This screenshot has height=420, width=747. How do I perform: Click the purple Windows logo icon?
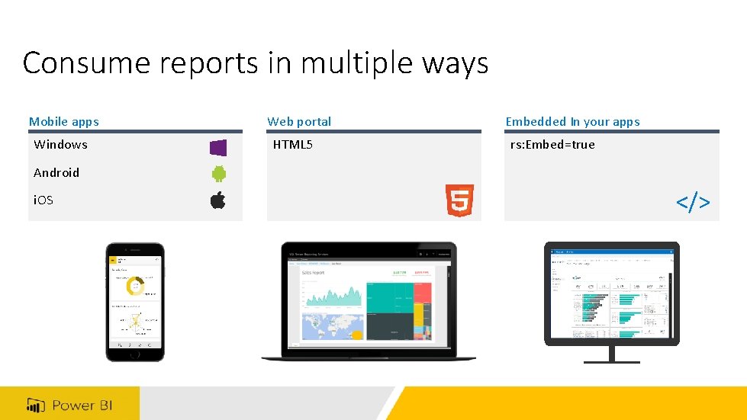tap(218, 147)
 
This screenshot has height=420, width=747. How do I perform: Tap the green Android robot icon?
tap(218, 174)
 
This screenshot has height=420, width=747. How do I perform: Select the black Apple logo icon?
tap(218, 200)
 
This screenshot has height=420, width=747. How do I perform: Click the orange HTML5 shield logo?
tap(459, 201)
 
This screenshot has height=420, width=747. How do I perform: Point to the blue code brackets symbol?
tap(693, 202)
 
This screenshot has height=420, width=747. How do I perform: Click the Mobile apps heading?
tap(64, 121)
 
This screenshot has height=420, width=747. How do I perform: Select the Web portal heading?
tap(299, 121)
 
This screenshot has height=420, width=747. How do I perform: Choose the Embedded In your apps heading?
tap(572, 121)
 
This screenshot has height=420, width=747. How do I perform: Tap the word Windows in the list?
tap(61, 145)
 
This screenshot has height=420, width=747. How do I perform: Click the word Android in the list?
tap(56, 172)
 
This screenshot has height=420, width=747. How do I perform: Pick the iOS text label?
tap(43, 200)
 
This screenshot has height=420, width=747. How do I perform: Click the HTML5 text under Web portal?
tap(293, 145)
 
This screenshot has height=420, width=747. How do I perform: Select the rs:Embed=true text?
tap(553, 145)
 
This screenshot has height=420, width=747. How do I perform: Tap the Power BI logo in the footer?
tap(70, 405)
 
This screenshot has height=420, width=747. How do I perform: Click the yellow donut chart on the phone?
tap(135, 287)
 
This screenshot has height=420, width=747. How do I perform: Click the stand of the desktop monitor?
tap(611, 353)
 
